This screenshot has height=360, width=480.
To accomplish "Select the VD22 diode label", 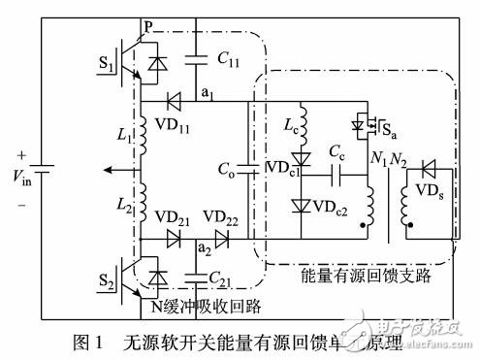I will coord(222,216).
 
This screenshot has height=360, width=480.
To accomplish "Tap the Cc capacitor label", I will coord(337,155).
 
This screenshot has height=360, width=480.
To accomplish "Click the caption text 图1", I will coord(90,342).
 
